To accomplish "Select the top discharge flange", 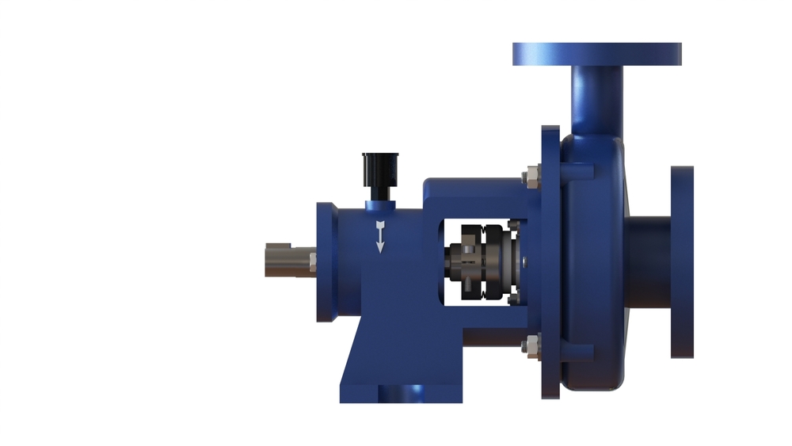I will pos(596,54).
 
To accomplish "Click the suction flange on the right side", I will pos(682,261).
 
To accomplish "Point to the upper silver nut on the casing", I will pos(531,175).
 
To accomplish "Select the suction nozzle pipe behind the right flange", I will pos(649,261).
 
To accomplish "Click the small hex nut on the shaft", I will pos(312,260).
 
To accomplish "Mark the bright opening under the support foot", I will pos(402,394).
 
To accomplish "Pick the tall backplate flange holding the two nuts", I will pos(550,261).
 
